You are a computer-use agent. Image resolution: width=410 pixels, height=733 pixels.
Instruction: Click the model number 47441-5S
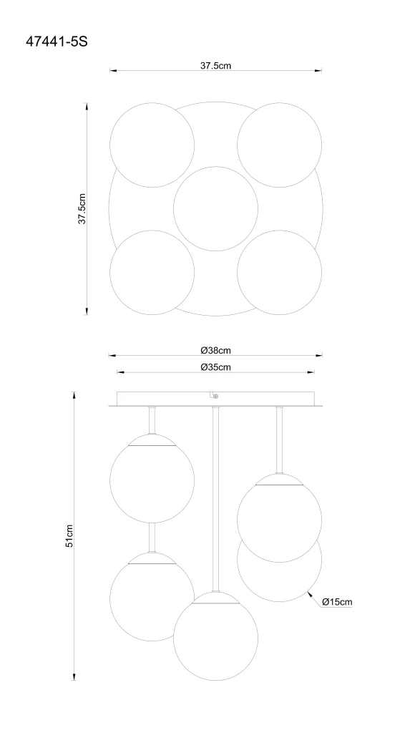point(56,42)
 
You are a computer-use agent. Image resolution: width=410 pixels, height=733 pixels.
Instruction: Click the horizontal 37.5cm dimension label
point(215,66)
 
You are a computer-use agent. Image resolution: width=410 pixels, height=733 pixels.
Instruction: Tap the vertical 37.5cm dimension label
point(82,208)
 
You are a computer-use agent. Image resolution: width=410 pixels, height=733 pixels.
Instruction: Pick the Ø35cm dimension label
point(215,367)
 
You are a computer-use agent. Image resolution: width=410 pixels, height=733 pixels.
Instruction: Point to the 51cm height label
point(69,535)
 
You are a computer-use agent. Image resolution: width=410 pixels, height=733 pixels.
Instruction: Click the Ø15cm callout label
point(336,602)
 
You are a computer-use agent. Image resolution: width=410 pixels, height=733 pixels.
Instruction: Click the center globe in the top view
point(215,209)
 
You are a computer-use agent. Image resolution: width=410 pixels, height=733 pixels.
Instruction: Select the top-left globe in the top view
point(152,145)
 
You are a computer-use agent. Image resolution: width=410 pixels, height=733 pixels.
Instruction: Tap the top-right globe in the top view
point(279,145)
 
